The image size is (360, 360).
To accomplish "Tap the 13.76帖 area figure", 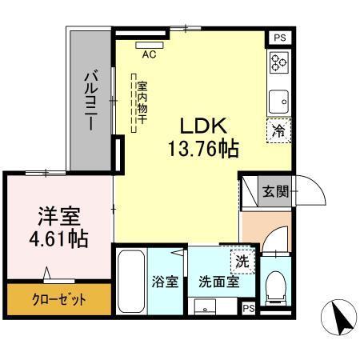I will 204,148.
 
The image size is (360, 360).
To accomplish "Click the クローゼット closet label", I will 57,302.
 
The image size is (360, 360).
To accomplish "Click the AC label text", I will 149,55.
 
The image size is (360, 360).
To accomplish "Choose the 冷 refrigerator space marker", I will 278,129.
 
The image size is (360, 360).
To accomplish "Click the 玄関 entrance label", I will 276,191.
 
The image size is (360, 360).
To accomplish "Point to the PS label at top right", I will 278,38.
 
